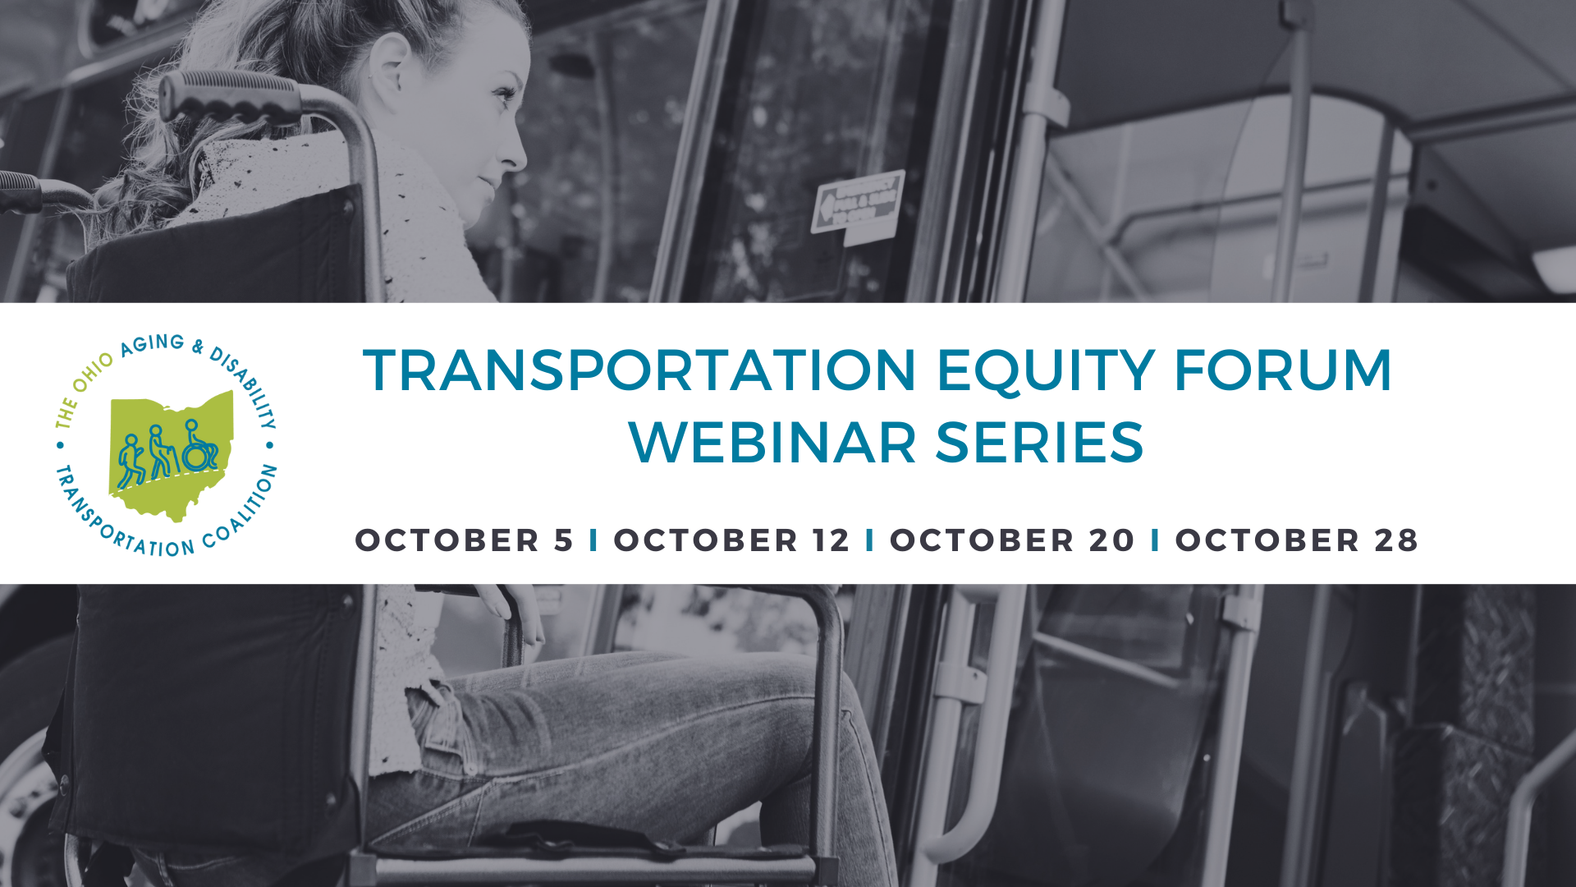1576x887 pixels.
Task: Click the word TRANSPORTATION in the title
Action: tap(639, 370)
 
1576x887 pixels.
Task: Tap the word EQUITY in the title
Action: tap(1046, 370)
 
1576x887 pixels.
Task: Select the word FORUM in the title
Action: tap(1283, 370)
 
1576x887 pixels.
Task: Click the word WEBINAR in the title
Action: tap(772, 443)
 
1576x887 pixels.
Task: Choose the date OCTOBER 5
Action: tap(464, 540)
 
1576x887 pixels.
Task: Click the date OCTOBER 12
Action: tap(731, 540)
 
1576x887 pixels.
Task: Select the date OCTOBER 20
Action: tap(1012, 540)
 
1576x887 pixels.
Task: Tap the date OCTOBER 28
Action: tap(1297, 540)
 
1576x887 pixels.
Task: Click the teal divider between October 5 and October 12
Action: tap(593, 540)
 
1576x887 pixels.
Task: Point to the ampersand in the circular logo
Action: tap(198, 347)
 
